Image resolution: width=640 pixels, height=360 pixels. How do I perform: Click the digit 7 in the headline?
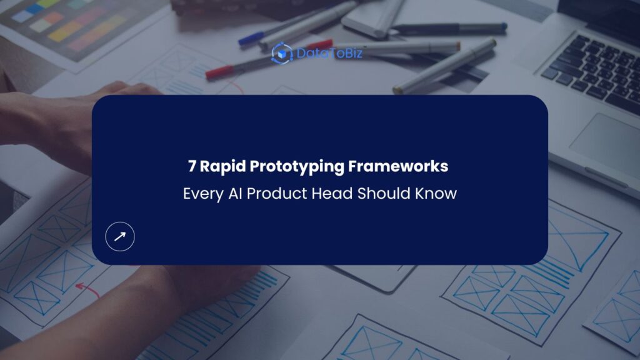pos(192,167)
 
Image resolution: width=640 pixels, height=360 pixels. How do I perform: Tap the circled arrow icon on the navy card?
pos(120,236)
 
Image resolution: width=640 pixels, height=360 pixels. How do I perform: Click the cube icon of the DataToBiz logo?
pos(282,53)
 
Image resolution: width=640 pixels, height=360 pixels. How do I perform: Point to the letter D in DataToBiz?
pos(301,53)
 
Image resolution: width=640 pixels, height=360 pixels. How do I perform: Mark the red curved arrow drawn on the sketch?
pos(87,289)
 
